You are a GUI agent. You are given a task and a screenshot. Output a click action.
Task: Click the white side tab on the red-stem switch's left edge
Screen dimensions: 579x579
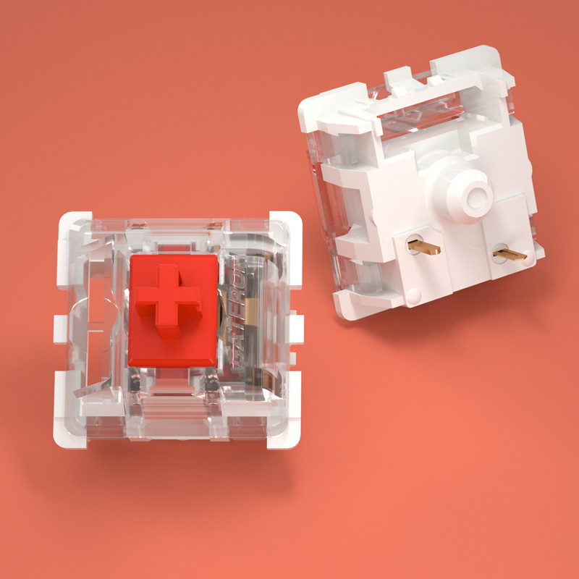[58, 327]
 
